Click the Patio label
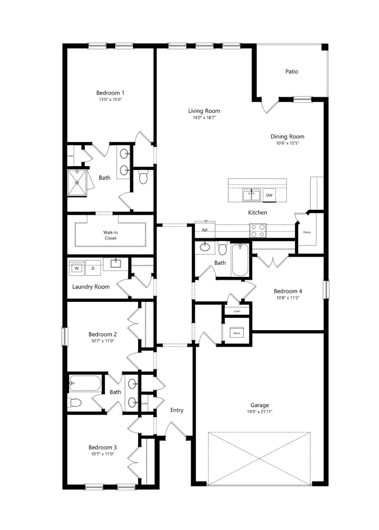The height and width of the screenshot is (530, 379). pyautogui.click(x=291, y=71)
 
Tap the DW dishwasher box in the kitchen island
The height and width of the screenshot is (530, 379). pyautogui.click(x=269, y=195)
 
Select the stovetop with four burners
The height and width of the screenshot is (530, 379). pyautogui.click(x=258, y=230)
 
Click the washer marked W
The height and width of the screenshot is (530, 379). pyautogui.click(x=77, y=268)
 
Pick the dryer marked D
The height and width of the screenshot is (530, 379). pyautogui.click(x=93, y=268)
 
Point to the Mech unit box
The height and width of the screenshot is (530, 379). pyautogui.click(x=237, y=333)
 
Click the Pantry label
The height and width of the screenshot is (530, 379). pyautogui.click(x=307, y=232)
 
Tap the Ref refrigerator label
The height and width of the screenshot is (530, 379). pyautogui.click(x=204, y=230)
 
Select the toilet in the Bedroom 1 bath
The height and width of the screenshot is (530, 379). pyautogui.click(x=143, y=178)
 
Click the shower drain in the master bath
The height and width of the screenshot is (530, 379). pyautogui.click(x=77, y=183)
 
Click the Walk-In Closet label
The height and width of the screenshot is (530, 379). pyautogui.click(x=110, y=235)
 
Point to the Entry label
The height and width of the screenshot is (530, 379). pyautogui.click(x=177, y=410)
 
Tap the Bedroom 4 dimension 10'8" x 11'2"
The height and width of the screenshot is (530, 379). pyautogui.click(x=288, y=297)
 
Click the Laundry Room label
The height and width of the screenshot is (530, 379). pyautogui.click(x=91, y=287)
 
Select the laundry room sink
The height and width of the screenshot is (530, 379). pyautogui.click(x=116, y=264)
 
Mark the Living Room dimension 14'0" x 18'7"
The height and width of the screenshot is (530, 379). pyautogui.click(x=204, y=118)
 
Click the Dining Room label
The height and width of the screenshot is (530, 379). pyautogui.click(x=287, y=136)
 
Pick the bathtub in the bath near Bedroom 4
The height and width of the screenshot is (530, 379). pyautogui.click(x=240, y=260)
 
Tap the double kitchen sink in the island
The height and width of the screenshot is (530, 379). pyautogui.click(x=252, y=195)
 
